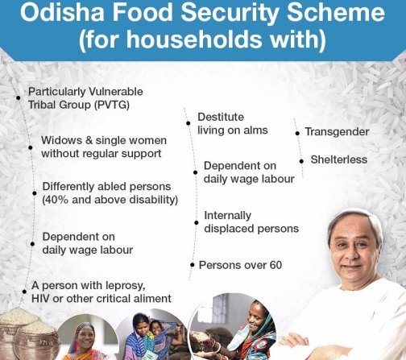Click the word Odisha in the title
click(62, 12)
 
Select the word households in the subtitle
click(194, 39)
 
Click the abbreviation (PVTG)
click(112, 105)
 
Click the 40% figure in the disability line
click(55, 200)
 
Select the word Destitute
click(221, 117)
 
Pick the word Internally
click(228, 216)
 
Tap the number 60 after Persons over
click(275, 265)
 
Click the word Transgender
click(337, 132)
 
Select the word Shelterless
click(339, 159)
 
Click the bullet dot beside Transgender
click(297, 134)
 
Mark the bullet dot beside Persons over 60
click(193, 265)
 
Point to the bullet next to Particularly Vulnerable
click(19, 97)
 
